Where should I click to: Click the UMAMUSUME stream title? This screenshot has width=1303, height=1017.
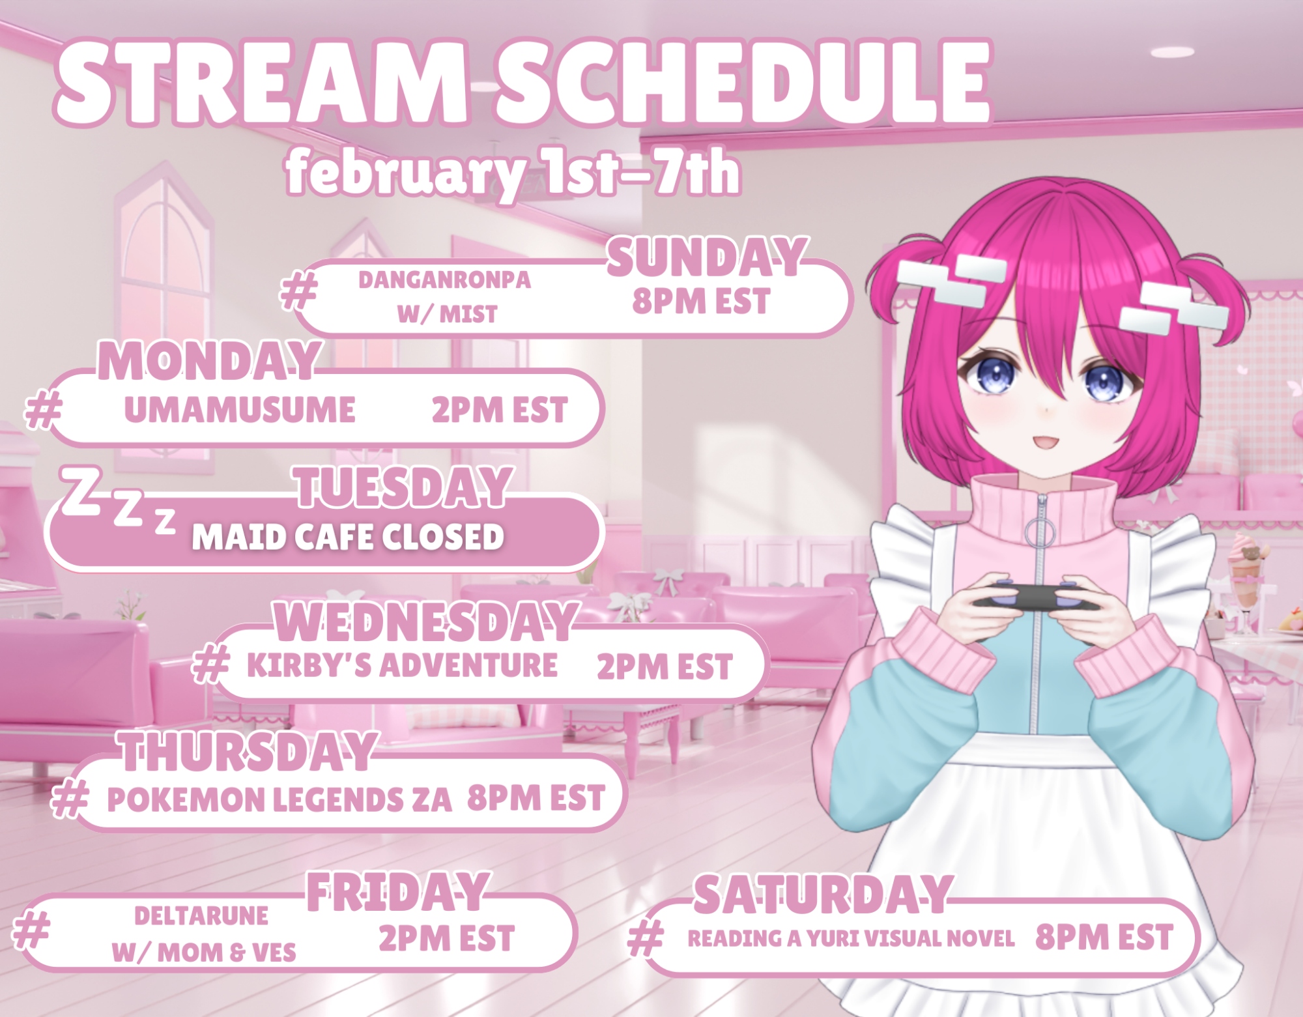coord(240,410)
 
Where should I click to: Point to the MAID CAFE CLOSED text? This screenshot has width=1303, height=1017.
coord(348,537)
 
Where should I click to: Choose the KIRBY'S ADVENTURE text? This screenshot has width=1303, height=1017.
coord(402,665)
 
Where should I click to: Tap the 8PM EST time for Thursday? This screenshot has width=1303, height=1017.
coord(536,798)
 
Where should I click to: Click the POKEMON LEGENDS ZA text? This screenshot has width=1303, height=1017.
coord(279,800)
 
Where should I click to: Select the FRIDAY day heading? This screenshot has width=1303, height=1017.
coord(397,893)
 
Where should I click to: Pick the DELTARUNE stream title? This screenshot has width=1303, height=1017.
coord(201,916)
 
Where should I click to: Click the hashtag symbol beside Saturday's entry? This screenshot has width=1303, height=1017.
coord(646,938)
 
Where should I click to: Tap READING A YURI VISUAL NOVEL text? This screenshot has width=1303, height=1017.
coord(851,939)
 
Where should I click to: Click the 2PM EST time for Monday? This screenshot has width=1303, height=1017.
coord(500,410)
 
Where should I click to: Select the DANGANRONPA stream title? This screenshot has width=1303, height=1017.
coord(445,280)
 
